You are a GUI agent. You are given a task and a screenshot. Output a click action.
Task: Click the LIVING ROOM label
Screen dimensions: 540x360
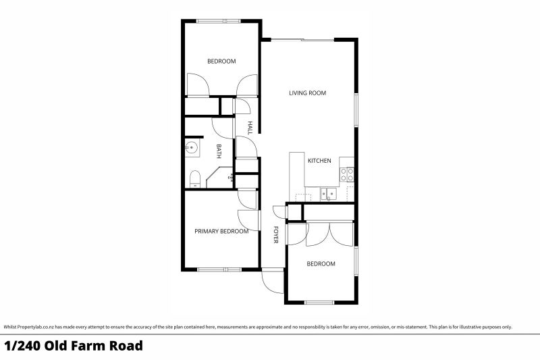(x=307, y=93)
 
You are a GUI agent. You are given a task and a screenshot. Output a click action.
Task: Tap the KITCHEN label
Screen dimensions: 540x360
(x=319, y=161)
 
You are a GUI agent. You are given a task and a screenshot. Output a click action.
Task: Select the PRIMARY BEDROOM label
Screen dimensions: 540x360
(x=221, y=231)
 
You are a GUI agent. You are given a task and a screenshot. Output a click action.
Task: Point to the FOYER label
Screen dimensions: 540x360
(x=275, y=234)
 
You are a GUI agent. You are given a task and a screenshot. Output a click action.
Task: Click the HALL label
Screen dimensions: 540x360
(x=250, y=128)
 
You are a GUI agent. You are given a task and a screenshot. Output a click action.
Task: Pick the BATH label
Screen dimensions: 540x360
(x=218, y=151)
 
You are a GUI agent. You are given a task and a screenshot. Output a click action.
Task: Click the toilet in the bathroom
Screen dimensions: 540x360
(x=195, y=179)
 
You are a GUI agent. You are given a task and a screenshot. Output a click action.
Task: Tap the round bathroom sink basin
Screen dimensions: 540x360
(x=191, y=148)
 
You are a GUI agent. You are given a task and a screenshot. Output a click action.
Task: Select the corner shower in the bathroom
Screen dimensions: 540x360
(x=220, y=178)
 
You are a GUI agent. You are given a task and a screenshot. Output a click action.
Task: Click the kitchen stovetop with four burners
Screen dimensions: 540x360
(x=347, y=174)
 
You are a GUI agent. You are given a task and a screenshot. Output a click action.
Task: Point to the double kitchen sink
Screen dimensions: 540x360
(x=329, y=193)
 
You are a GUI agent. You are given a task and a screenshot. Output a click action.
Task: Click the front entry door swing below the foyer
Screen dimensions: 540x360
(x=273, y=282)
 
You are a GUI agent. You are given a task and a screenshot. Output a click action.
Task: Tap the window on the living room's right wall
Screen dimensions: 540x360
(x=356, y=110)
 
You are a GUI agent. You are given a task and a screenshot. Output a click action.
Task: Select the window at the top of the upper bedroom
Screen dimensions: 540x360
(x=218, y=22)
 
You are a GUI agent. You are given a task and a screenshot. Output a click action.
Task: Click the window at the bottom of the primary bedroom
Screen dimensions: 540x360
(x=219, y=269)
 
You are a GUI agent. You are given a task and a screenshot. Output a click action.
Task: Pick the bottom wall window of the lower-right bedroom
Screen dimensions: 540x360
(x=319, y=303)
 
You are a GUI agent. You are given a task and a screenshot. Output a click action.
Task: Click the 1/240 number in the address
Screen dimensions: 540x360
(x=22, y=346)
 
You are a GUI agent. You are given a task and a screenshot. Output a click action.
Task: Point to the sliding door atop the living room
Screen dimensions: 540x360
(x=302, y=40)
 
